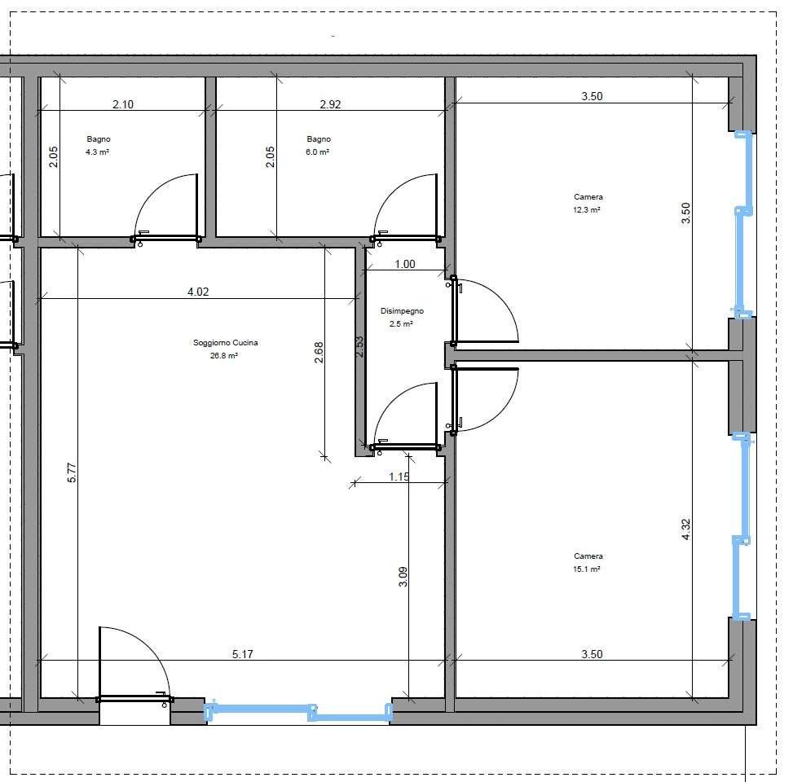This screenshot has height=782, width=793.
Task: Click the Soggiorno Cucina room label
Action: tap(226, 343)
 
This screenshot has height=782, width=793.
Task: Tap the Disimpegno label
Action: tap(402, 311)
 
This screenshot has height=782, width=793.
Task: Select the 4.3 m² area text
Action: tap(98, 152)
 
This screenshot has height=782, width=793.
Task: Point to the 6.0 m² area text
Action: tap(318, 152)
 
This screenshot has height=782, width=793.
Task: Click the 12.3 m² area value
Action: tap(587, 210)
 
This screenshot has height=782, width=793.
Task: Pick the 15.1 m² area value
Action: tap(587, 569)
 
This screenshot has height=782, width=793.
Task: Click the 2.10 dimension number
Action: tap(123, 104)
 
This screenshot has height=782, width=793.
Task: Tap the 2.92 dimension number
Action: tap(330, 104)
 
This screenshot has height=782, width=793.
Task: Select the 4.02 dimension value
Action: tap(198, 292)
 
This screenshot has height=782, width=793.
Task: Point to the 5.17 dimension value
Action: tap(243, 654)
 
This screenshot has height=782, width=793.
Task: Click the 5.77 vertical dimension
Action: tap(72, 472)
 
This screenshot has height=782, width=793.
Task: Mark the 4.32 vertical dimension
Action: tap(685, 529)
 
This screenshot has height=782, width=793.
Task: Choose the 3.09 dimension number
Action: tap(403, 577)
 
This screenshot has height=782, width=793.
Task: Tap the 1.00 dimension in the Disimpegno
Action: tap(405, 264)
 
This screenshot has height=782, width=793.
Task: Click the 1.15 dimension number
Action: tap(399, 477)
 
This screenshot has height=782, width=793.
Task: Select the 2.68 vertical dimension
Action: tap(319, 353)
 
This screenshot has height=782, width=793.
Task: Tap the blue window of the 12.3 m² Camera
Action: tap(743, 225)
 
